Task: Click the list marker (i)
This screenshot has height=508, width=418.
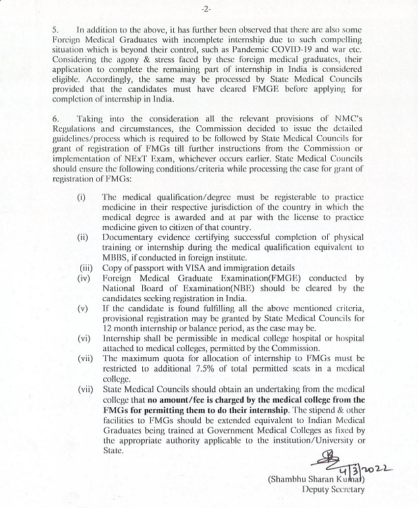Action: tap(82, 197)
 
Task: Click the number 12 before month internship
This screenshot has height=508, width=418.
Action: tap(107, 329)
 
